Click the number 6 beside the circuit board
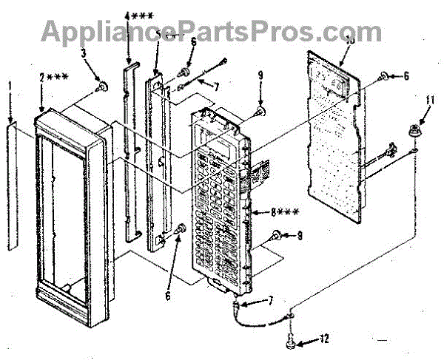point(405,75)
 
